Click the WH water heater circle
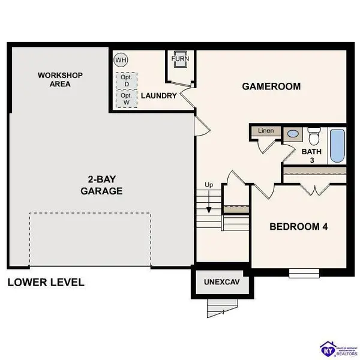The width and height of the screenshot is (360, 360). coord(121,60)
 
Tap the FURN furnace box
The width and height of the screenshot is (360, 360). coord(179,61)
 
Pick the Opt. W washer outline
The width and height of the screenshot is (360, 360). coord(126,98)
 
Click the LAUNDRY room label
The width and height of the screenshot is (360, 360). coord(158,96)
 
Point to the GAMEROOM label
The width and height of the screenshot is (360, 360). coord(271,86)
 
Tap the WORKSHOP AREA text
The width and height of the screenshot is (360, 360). coord(61,80)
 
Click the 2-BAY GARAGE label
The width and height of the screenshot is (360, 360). coord(101,186)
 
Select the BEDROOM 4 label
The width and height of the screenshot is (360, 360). coord(298,227)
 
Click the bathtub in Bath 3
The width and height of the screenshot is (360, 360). coord(337,145)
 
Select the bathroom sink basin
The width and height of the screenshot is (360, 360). coord(293,135)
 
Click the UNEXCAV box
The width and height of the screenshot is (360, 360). coord(218,282)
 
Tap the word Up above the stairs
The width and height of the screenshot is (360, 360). coord(209,184)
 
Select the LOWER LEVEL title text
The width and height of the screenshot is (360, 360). coord(46,282)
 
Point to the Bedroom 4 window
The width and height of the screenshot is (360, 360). coord(304,274)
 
